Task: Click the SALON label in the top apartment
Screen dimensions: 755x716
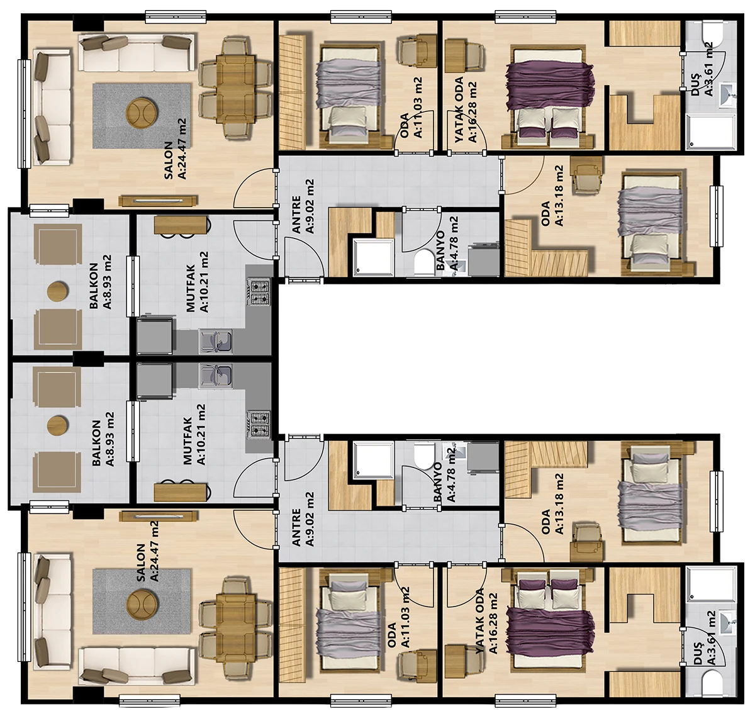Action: tap(168, 160)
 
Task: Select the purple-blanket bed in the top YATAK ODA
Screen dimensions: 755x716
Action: tap(550, 95)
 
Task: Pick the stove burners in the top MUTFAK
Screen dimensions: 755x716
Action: tap(258, 293)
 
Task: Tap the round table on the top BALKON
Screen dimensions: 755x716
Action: tap(58, 291)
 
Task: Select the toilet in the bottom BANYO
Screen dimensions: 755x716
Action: tap(424, 456)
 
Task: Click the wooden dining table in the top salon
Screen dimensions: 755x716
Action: tap(235, 89)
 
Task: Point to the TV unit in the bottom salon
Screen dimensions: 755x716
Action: tap(158, 517)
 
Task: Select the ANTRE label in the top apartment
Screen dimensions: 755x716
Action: tap(296, 215)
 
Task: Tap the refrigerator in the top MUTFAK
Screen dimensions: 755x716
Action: tap(154, 335)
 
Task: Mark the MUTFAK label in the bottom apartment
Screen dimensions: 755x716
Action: tap(187, 441)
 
